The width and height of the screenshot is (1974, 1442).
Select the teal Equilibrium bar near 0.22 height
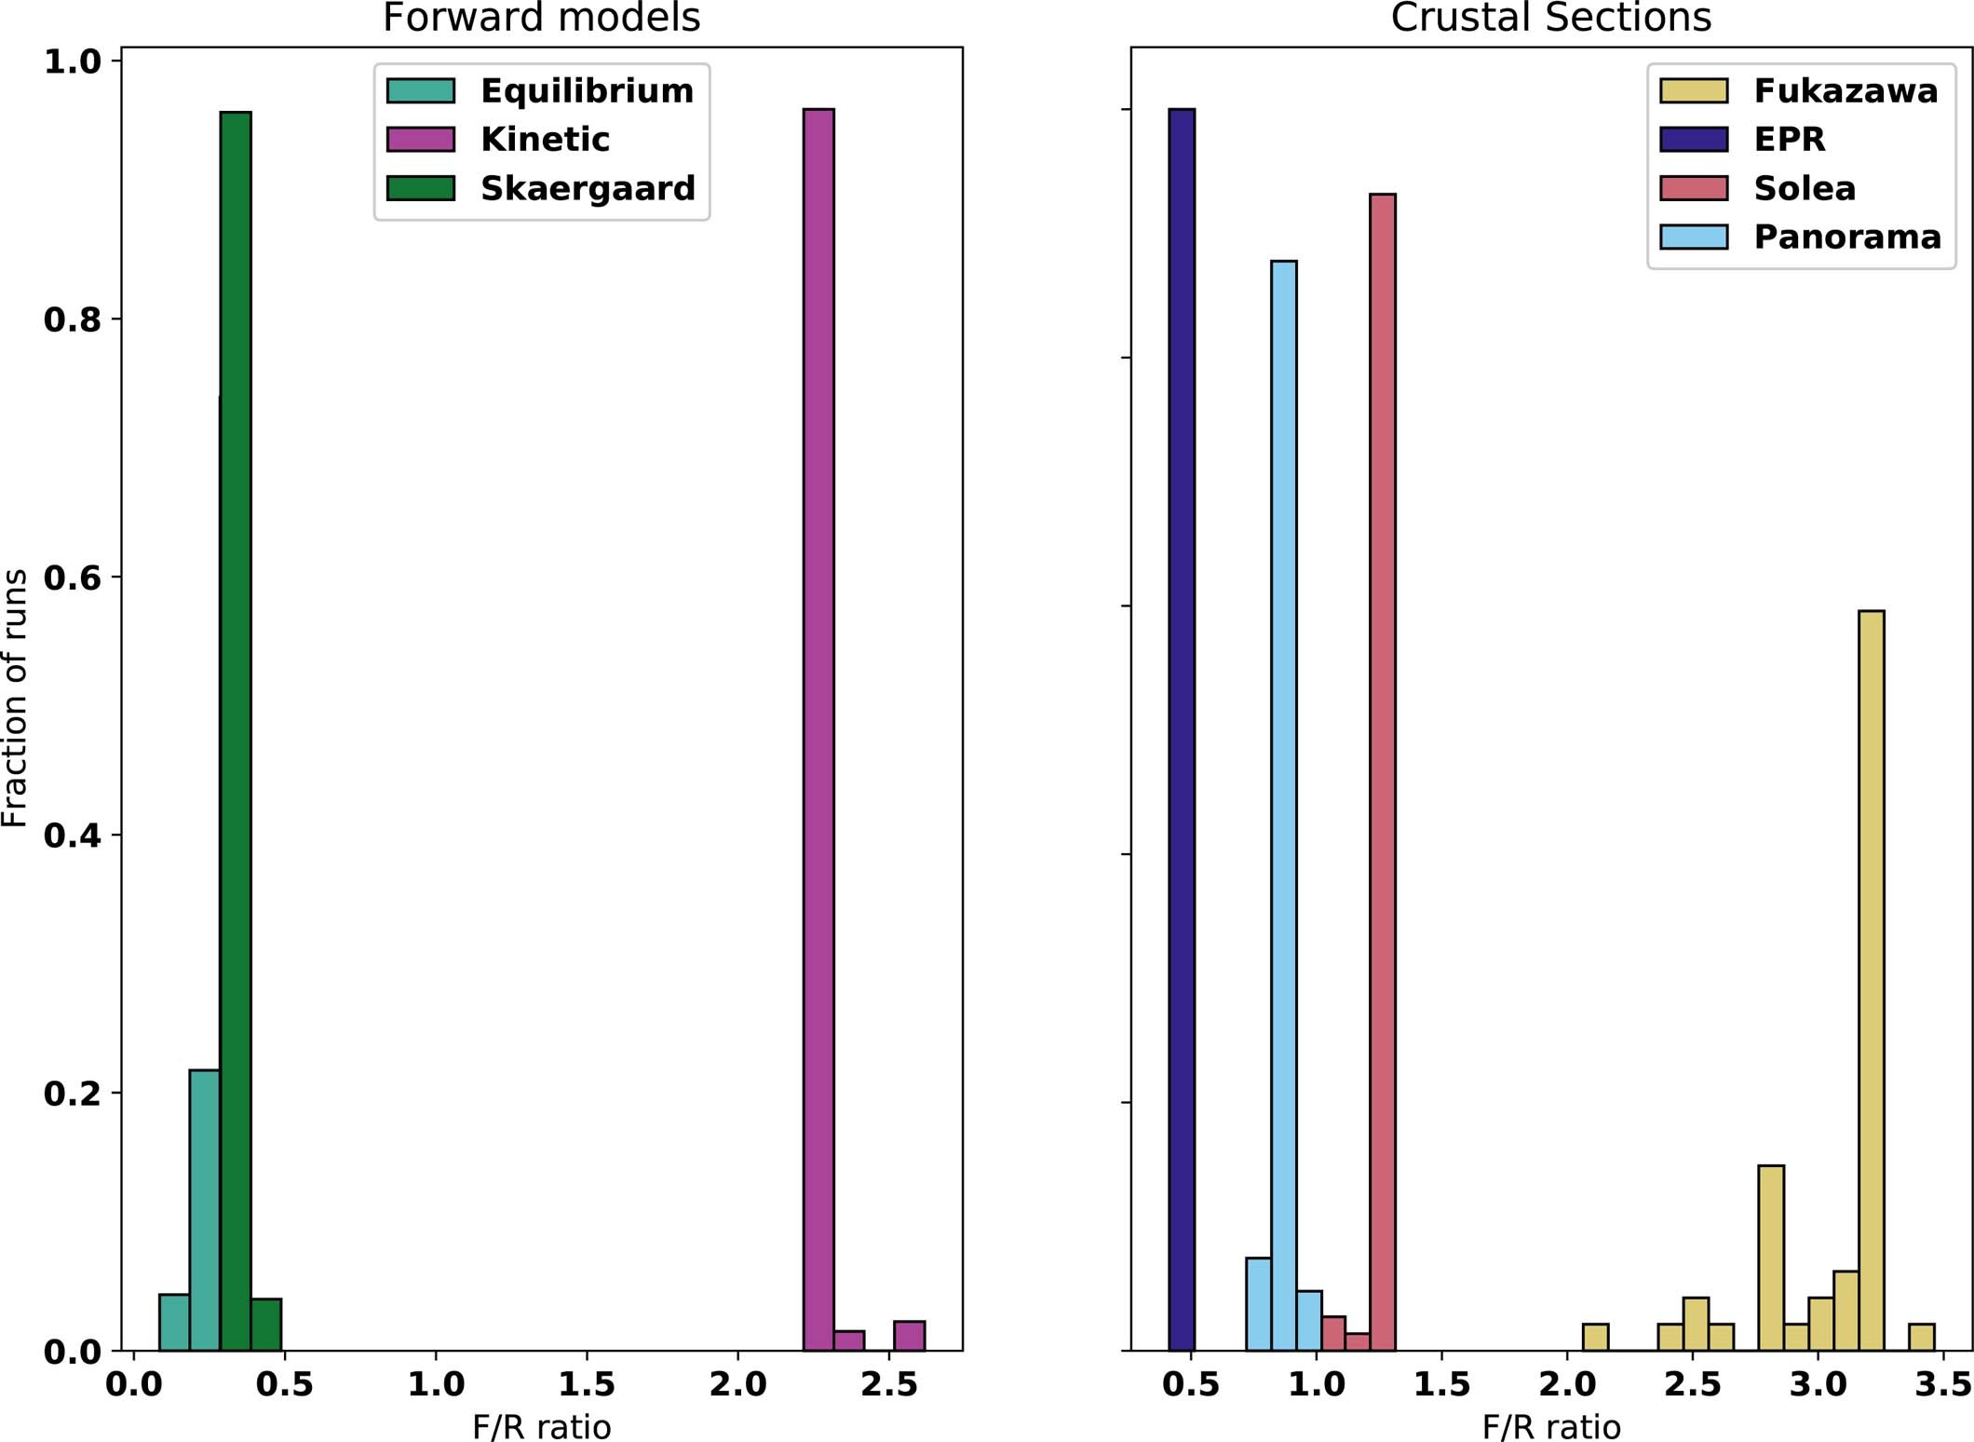(x=205, y=1210)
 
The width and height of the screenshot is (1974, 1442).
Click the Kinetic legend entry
(x=545, y=140)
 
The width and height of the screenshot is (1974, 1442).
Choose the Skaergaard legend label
(x=588, y=188)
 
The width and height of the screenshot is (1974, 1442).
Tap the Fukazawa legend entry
(x=1846, y=90)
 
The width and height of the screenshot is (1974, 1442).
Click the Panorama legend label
(x=1847, y=237)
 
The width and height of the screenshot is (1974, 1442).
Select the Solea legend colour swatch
(x=1694, y=188)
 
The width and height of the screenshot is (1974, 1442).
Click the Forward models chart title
(x=541, y=18)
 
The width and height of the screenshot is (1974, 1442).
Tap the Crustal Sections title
(x=1550, y=18)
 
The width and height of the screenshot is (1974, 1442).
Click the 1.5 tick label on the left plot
(x=587, y=1384)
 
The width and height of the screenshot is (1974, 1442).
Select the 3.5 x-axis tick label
(x=1942, y=1384)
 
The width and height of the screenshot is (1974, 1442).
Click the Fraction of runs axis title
(x=15, y=698)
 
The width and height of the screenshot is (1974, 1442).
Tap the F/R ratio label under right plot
(x=1551, y=1426)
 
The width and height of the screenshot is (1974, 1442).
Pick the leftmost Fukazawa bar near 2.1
(x=1595, y=1337)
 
